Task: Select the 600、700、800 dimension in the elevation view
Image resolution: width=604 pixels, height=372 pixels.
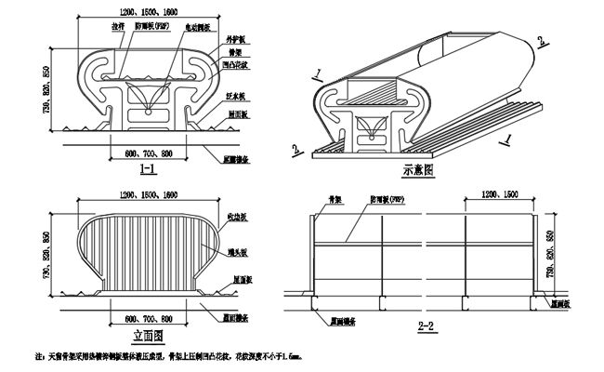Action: tap(148, 316)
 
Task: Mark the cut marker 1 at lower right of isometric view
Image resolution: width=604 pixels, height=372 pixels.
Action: tap(508, 139)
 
